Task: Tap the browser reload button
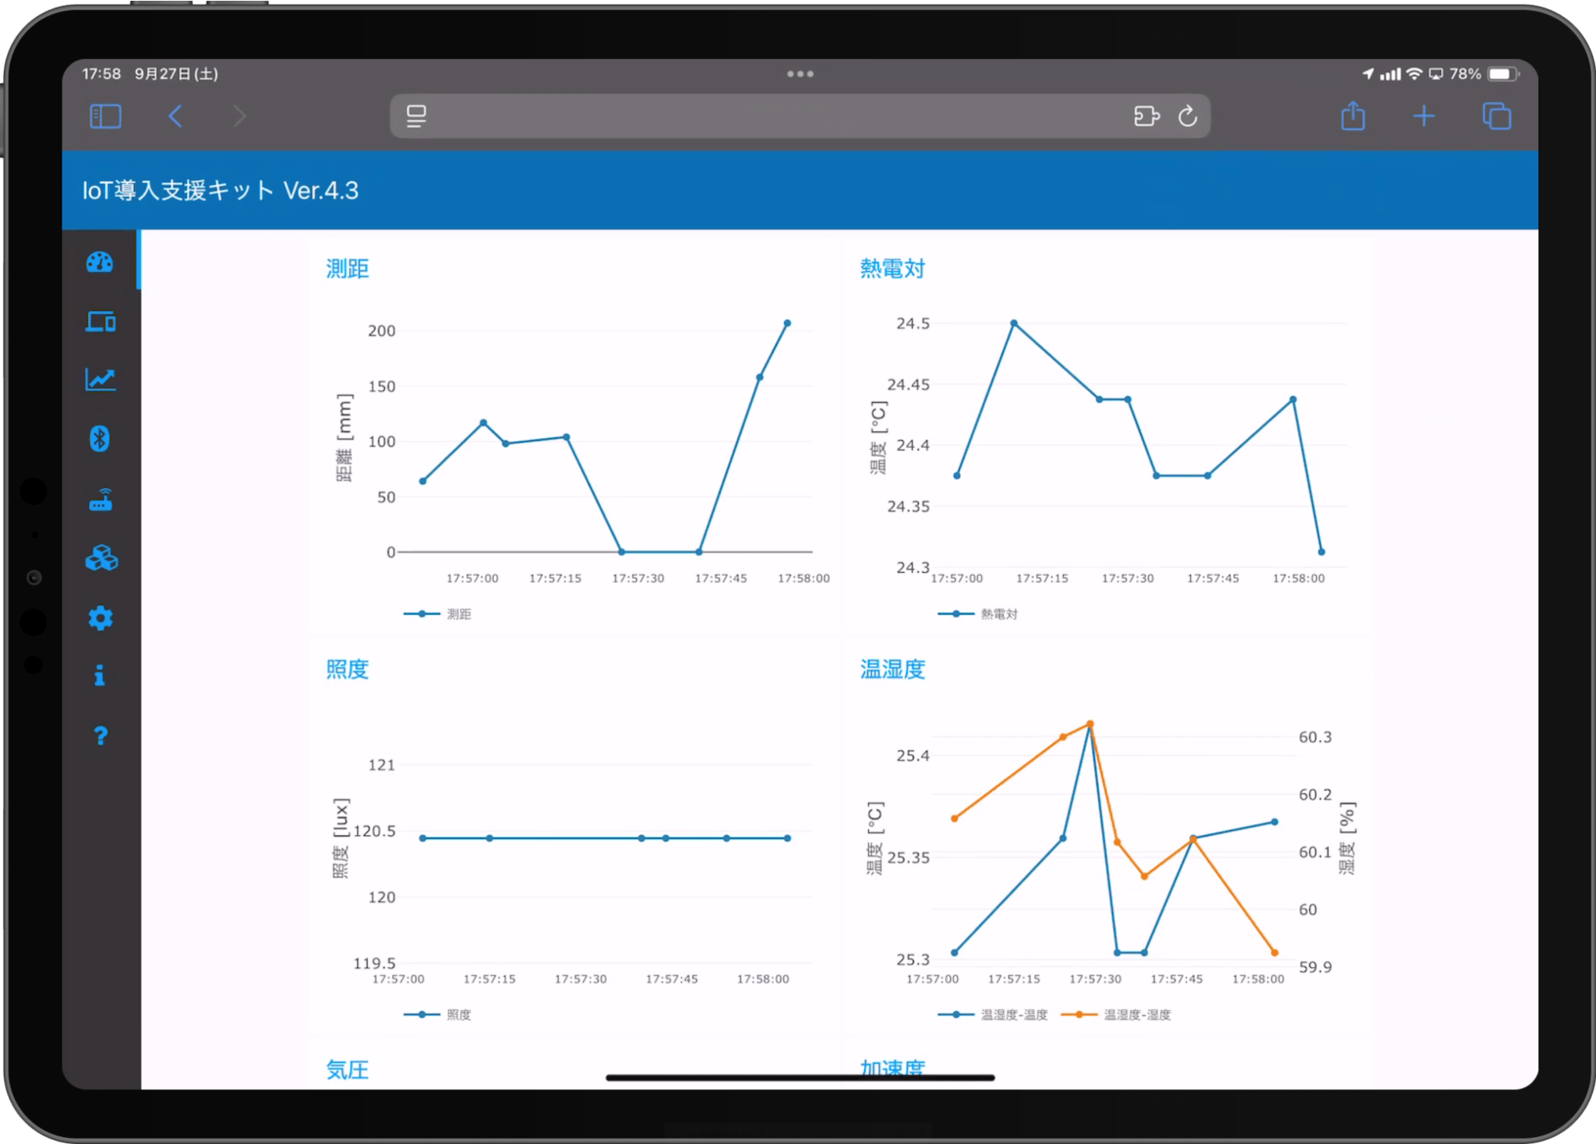pos(1187,116)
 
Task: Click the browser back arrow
pos(176,116)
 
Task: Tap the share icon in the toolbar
pos(1353,116)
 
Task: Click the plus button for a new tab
pos(1423,116)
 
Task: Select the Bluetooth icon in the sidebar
pos(100,439)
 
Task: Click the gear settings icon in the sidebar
pos(101,618)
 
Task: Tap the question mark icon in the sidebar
pos(101,736)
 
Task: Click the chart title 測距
pos(348,269)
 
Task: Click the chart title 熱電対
pos(892,269)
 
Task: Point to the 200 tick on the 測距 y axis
pos(382,331)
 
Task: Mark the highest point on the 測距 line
pos(787,323)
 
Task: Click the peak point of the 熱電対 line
pos(1014,323)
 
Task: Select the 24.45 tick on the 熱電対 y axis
pos(909,384)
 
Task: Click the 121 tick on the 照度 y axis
pos(382,765)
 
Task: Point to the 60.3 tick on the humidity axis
pos(1315,737)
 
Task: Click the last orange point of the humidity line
pos(1275,952)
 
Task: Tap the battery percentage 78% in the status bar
pos(1465,74)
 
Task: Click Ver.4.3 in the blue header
pos(321,191)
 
